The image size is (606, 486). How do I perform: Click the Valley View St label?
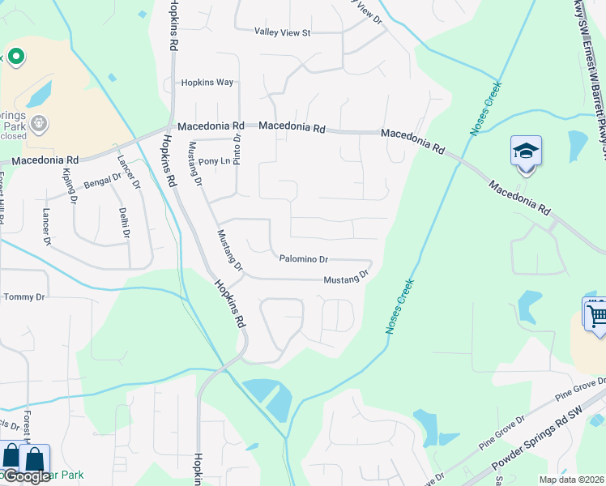pos(283,32)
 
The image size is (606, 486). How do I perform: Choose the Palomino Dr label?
pos(303,259)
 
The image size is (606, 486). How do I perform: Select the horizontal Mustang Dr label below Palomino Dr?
pos(346,278)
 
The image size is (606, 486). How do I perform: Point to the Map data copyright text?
pos(571,480)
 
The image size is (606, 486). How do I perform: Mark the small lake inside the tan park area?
pos(38,95)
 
